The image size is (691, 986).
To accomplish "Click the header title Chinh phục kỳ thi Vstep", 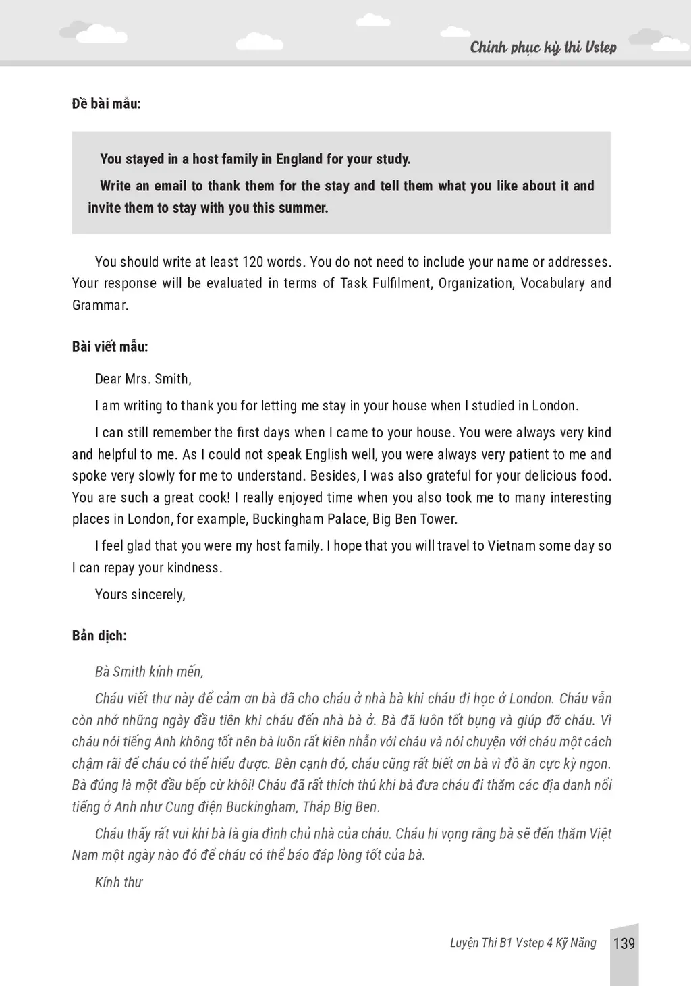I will pyautogui.click(x=543, y=47).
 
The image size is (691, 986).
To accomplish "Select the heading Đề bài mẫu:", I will pyautogui.click(x=106, y=103).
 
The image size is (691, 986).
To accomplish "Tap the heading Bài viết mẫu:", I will pyautogui.click(x=110, y=346).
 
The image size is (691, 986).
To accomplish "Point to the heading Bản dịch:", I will pyautogui.click(x=99, y=636).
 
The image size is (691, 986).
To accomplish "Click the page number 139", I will pyautogui.click(x=624, y=943).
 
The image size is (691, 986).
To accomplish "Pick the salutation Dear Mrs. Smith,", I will pyautogui.click(x=143, y=379).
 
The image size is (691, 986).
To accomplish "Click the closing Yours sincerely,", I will pyautogui.click(x=140, y=595).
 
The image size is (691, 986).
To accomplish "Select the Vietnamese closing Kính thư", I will pyautogui.click(x=119, y=882).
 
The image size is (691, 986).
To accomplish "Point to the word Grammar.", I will pyautogui.click(x=100, y=305).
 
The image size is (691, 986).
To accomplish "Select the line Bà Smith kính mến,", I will pyautogui.click(x=149, y=672).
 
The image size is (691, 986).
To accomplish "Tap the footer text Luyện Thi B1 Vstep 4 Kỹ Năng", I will pyautogui.click(x=523, y=943).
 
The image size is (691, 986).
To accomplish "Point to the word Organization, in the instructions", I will pyautogui.click(x=476, y=283).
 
